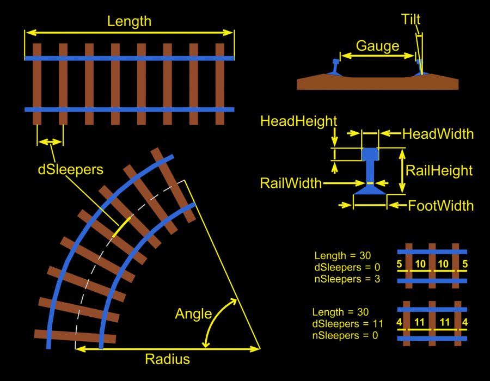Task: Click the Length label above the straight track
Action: [129, 22]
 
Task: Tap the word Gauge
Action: [377, 46]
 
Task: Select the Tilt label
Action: [411, 20]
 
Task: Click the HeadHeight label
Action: [299, 121]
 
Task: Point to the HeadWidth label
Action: [438, 134]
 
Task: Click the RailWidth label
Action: [291, 183]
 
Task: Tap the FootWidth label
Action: [440, 206]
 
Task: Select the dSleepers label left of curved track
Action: [70, 169]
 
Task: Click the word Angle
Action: [193, 314]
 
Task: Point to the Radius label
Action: [167, 359]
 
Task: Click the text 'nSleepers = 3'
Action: [347, 279]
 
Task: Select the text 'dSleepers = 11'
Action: [347, 324]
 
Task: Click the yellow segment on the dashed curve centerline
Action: [121, 226]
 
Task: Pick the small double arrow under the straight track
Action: [50, 142]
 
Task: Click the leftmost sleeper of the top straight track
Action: [37, 84]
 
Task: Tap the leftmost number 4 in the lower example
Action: [399, 323]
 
